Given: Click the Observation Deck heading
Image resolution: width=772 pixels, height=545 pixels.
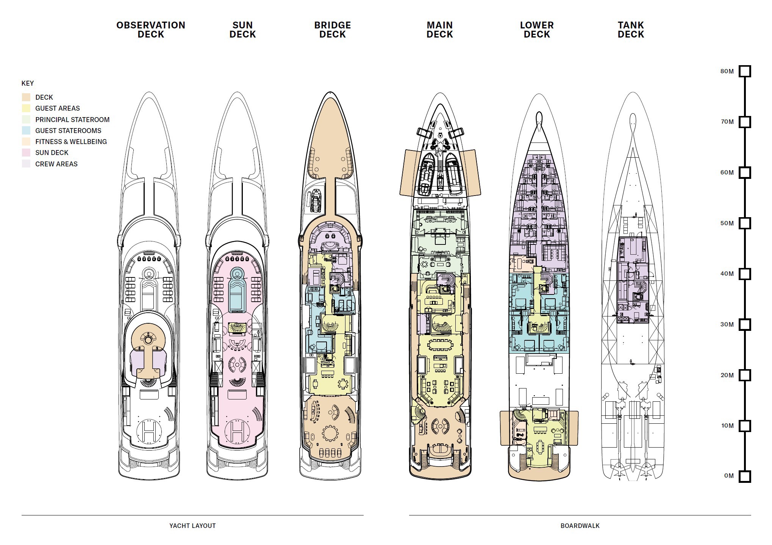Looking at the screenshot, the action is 151,30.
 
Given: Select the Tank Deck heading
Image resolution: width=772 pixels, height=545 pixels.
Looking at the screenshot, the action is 631,30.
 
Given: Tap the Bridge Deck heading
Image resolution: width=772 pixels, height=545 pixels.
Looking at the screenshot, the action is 333,30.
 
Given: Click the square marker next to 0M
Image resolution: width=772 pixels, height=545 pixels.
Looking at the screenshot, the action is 745,476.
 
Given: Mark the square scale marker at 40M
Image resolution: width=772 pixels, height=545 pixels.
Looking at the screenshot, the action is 745,274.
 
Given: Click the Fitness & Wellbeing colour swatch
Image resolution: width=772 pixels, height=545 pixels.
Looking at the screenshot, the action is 26,142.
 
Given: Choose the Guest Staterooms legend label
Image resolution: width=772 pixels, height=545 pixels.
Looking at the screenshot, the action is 68,131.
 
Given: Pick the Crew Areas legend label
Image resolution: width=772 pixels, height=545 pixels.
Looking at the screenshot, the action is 56,164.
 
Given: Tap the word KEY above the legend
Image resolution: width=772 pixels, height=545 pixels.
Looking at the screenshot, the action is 28,83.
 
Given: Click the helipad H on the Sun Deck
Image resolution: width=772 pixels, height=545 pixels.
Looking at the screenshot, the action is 237,431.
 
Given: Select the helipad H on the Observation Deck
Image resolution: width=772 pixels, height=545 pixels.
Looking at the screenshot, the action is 149,431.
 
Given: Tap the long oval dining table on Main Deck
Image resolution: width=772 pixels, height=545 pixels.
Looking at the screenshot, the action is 439,345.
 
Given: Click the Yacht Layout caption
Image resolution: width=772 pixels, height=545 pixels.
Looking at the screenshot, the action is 192,526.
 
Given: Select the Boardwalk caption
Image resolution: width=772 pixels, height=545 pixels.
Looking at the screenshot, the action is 580,526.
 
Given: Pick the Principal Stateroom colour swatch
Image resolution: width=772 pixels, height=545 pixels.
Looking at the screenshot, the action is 26,120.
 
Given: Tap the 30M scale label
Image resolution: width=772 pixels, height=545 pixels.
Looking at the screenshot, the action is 727,324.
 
